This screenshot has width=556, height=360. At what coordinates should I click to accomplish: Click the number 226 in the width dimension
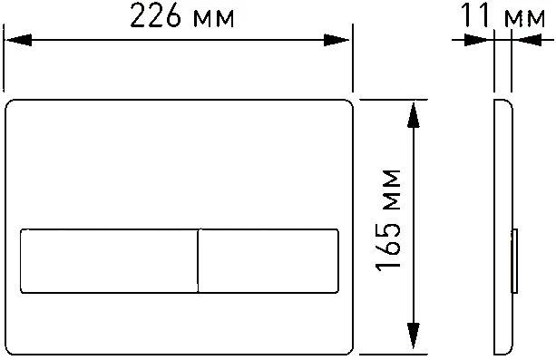pos(154,18)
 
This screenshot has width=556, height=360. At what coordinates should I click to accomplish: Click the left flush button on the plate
pos(107,261)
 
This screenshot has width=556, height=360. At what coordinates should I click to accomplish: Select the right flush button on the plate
pos(268,261)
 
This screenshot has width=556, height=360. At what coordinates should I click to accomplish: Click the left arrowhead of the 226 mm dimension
pos(18,40)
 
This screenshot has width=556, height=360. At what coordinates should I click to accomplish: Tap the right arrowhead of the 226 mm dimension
pos(339,40)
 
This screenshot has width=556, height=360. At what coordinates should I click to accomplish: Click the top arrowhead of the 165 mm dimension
pos(414,112)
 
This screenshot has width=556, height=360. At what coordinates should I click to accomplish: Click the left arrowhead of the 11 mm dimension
pos(477,40)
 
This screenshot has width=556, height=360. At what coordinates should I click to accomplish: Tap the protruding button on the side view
pos(514,261)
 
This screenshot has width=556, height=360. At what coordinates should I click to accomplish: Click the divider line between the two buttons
pos(197,261)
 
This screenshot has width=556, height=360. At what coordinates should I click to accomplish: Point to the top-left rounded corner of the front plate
pos(13,106)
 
